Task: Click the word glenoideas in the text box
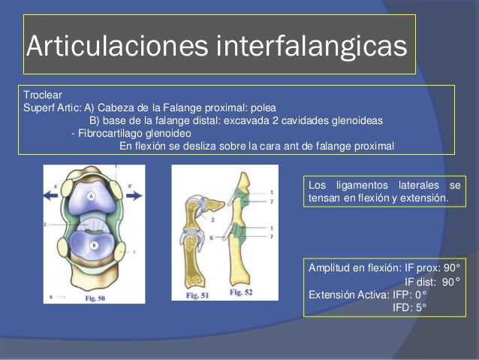click(x=355, y=119)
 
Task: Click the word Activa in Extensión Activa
click(x=369, y=295)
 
